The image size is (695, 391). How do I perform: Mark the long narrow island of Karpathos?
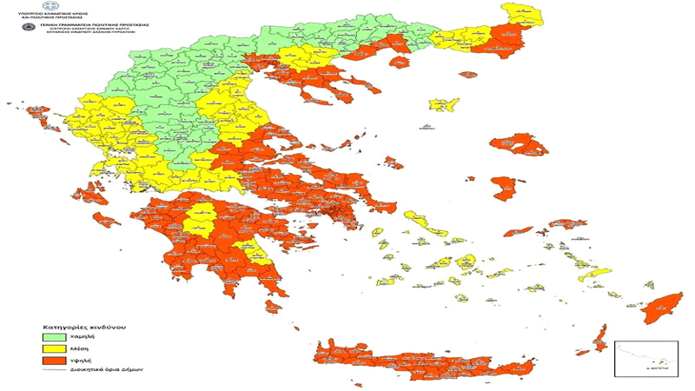pyautogui.click(x=599, y=337)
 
